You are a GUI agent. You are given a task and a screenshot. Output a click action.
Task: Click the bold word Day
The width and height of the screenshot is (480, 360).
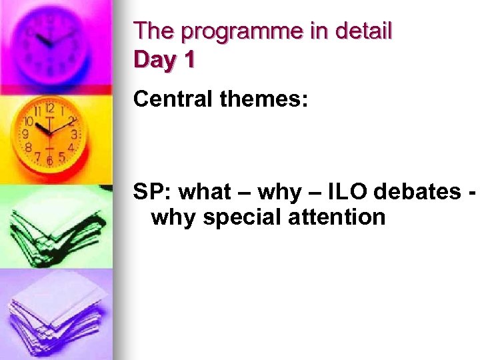pos(156,60)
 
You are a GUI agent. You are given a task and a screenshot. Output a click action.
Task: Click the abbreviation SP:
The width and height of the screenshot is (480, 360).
pos(153,192)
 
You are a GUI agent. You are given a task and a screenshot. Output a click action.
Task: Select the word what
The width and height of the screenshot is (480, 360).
pos(204,192)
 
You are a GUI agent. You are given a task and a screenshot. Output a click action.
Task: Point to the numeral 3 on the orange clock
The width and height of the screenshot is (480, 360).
pos(74,135)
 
